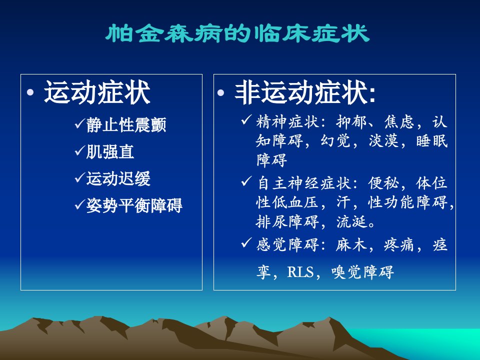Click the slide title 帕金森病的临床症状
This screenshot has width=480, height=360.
click(x=237, y=33)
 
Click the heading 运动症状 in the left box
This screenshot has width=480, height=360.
click(x=97, y=92)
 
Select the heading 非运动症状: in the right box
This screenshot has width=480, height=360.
click(x=305, y=92)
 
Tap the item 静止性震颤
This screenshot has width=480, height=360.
click(x=126, y=125)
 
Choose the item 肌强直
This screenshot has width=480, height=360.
click(x=110, y=152)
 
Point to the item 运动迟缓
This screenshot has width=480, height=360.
click(x=118, y=178)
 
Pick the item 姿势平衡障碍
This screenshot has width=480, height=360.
click(x=134, y=205)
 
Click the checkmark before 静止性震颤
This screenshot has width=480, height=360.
click(x=79, y=123)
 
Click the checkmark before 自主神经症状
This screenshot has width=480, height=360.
click(x=246, y=181)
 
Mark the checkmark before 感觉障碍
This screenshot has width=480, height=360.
click(x=246, y=243)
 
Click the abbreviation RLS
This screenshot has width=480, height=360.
click(x=300, y=272)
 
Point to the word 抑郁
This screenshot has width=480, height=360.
click(x=351, y=122)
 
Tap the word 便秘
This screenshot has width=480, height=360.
click(x=384, y=183)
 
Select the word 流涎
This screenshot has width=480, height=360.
click(x=351, y=221)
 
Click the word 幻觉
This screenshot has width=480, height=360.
click(x=335, y=141)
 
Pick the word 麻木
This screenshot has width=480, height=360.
click(x=351, y=245)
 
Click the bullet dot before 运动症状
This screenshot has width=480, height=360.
click(x=30, y=92)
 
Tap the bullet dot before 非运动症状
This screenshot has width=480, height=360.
click(x=220, y=92)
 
